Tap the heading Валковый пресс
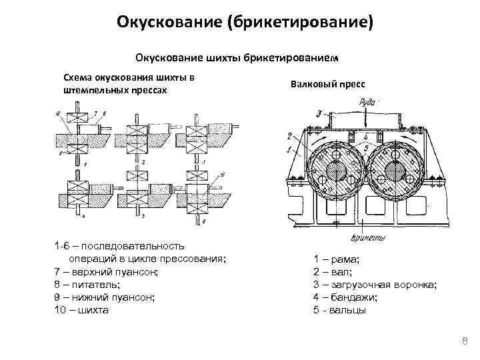(327, 85)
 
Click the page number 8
(465, 343)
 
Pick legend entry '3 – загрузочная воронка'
(375, 285)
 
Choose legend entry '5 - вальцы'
(339, 310)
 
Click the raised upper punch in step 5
(140, 175)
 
